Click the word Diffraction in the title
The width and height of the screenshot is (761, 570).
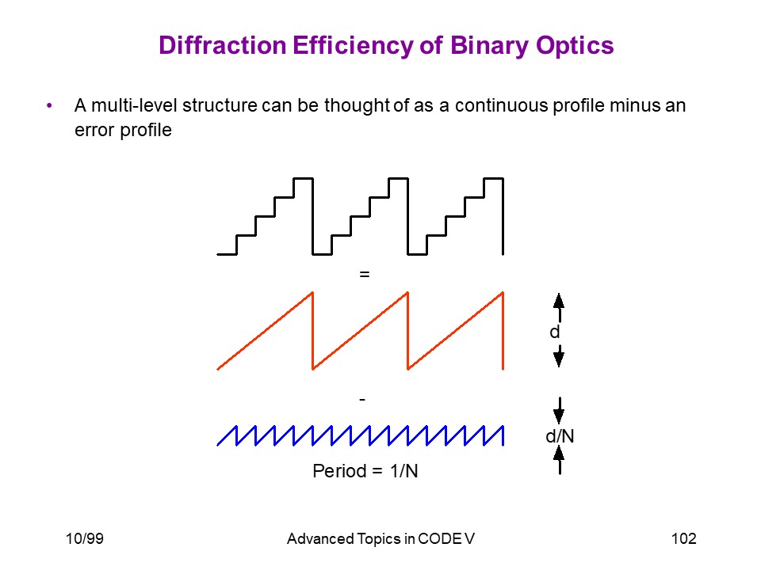(x=222, y=45)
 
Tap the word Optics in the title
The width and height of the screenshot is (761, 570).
(x=575, y=47)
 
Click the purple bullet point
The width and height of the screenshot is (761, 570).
(x=49, y=105)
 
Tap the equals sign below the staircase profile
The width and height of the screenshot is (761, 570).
(x=365, y=275)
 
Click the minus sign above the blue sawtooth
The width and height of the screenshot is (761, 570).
(x=362, y=400)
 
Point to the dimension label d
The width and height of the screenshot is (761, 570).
(x=554, y=332)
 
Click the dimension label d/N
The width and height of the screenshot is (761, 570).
(x=560, y=436)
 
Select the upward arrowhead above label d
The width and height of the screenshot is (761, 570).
(x=559, y=301)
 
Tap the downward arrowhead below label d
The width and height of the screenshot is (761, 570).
(x=559, y=359)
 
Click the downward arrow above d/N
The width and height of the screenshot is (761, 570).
(x=559, y=411)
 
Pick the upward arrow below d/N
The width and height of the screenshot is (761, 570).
(x=559, y=460)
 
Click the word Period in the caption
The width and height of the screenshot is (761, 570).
(x=339, y=471)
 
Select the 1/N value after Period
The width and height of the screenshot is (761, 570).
(x=403, y=471)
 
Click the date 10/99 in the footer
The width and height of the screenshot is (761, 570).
(x=85, y=538)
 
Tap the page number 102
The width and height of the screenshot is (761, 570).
(x=684, y=538)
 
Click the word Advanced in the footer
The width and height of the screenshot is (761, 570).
(x=320, y=539)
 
